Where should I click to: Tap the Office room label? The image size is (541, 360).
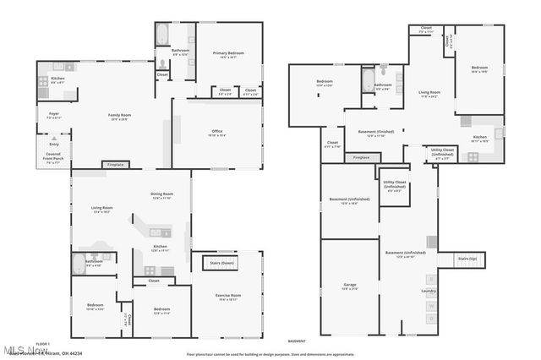(216, 133)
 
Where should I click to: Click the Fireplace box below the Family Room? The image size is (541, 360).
(116, 164)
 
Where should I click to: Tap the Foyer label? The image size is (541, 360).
(52, 112)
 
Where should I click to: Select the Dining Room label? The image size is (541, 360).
(161, 195)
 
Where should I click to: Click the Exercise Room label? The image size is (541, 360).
(227, 297)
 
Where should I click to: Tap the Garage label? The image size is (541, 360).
(349, 286)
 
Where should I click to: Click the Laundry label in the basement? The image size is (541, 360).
(429, 292)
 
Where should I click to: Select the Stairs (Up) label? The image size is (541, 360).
(467, 258)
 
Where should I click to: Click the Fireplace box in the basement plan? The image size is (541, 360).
(361, 157)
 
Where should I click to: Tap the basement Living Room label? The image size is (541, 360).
(429, 93)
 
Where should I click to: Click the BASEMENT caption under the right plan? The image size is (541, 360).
(297, 341)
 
